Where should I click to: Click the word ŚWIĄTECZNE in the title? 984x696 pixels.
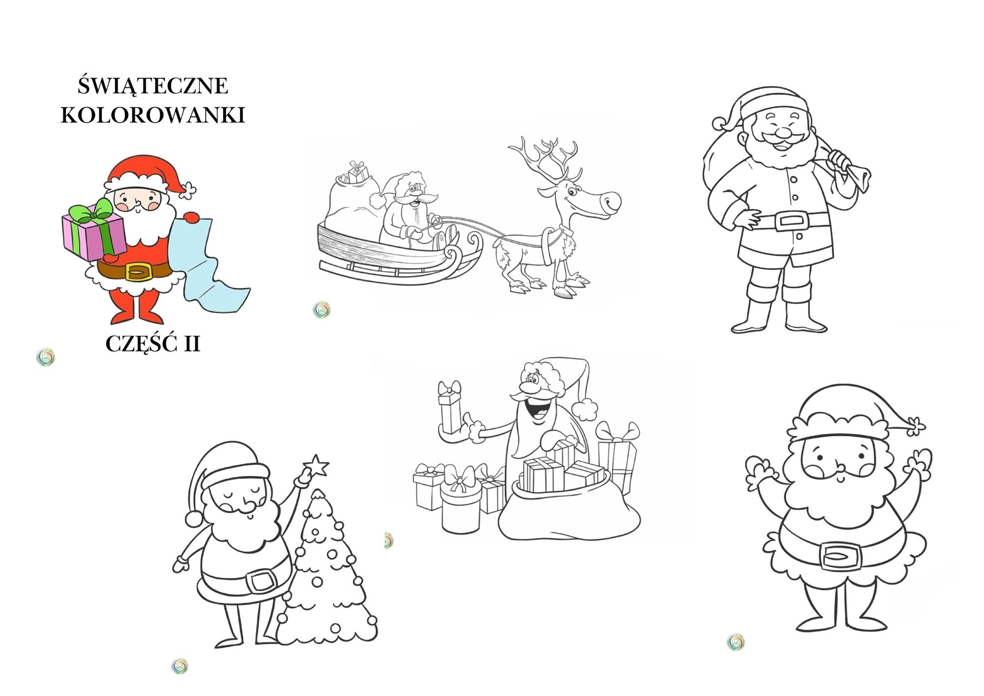click(x=153, y=85)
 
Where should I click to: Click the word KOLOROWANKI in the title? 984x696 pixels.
click(x=153, y=115)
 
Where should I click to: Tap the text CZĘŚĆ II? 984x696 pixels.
click(x=153, y=343)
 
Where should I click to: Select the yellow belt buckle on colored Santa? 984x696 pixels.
click(x=138, y=271)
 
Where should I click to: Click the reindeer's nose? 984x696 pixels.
click(x=612, y=201)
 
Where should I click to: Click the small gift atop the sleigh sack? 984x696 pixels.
click(x=358, y=172)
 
